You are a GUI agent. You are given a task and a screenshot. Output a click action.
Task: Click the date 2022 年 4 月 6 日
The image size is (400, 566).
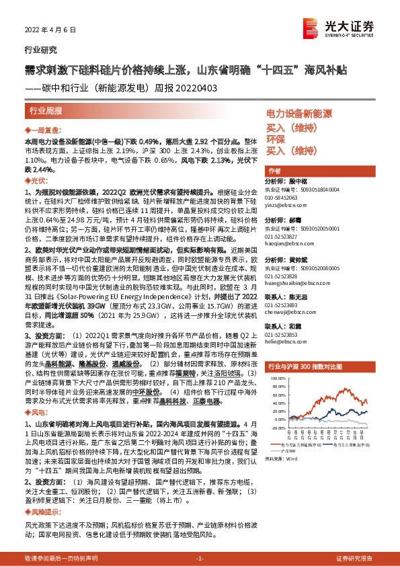coord(45,29)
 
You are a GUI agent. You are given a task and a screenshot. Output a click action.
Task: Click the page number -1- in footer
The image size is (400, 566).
coord(199,559)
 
